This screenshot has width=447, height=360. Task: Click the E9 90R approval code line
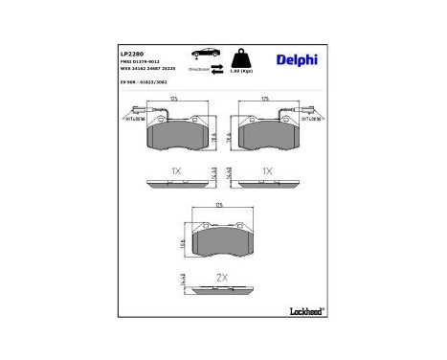point(143,82)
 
